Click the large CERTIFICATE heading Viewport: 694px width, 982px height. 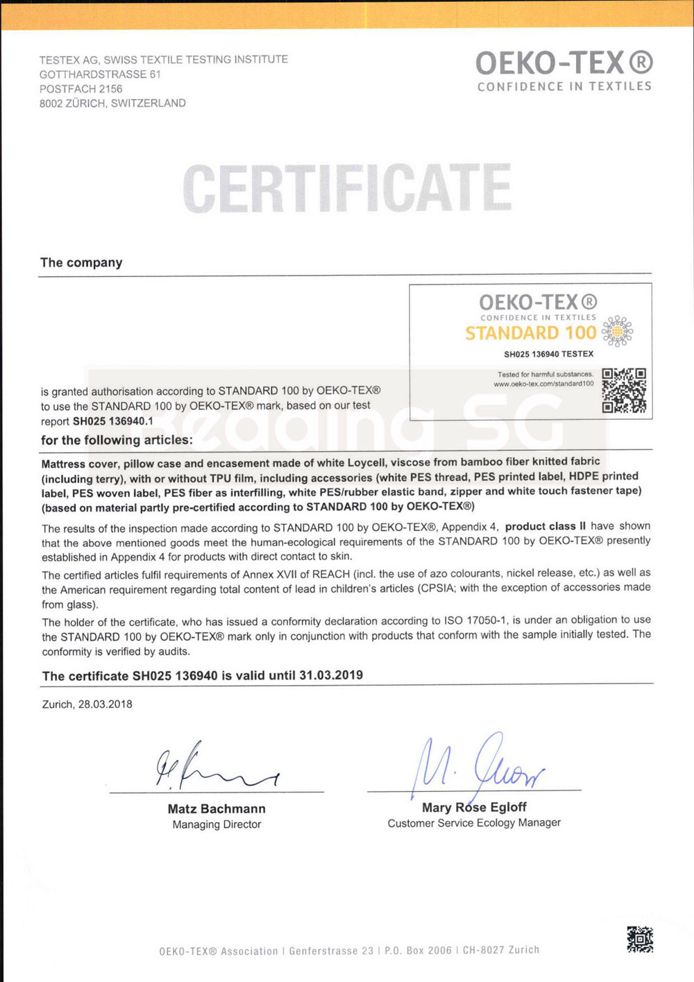click(347, 189)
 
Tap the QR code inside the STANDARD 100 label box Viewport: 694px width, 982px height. click(624, 390)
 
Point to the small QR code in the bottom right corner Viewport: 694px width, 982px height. click(640, 939)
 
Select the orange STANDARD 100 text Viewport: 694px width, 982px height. click(531, 333)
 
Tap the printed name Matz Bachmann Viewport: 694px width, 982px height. click(217, 809)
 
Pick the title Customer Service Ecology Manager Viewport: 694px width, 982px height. click(474, 823)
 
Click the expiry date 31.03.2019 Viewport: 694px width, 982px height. click(331, 675)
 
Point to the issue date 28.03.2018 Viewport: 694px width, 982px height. click(105, 704)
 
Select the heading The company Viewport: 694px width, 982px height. click(81, 262)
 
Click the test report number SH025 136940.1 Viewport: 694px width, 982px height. click(112, 421)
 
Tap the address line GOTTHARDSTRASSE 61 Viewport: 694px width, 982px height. click(100, 74)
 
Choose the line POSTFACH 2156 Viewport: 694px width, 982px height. click(81, 89)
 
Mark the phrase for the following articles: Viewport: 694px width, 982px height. click(117, 440)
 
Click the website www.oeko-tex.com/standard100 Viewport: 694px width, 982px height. click(543, 384)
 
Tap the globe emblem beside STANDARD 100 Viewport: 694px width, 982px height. click(617, 331)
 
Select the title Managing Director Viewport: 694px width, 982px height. click(217, 824)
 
